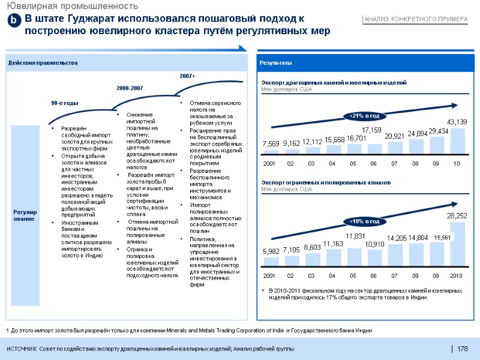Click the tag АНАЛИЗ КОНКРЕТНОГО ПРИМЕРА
(415, 20)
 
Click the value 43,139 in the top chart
(458, 122)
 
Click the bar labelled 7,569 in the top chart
(271, 151)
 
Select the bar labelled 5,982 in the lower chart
(271, 262)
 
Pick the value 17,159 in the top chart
(373, 130)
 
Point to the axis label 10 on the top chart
(457, 163)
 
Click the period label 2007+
(188, 76)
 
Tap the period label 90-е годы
(65, 103)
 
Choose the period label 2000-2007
(129, 88)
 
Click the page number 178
(463, 349)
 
